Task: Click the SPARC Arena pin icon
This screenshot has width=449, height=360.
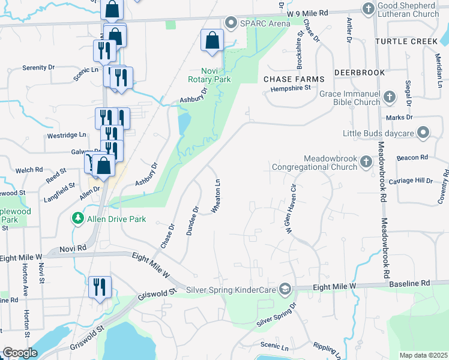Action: (231, 23)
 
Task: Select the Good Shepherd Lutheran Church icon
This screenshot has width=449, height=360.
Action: (369, 8)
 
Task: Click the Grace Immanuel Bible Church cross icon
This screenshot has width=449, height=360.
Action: (389, 97)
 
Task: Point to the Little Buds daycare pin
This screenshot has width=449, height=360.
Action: (424, 132)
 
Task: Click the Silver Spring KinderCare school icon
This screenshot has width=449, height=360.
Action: (285, 289)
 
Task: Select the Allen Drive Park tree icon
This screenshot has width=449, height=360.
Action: (77, 219)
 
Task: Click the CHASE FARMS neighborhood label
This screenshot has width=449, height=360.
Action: (294, 79)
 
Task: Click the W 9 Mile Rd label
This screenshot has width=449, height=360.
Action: (308, 13)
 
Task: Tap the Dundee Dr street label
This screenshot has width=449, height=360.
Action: (192, 221)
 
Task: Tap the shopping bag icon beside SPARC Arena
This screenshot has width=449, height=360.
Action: (212, 40)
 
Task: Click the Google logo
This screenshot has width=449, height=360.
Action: (20, 353)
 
